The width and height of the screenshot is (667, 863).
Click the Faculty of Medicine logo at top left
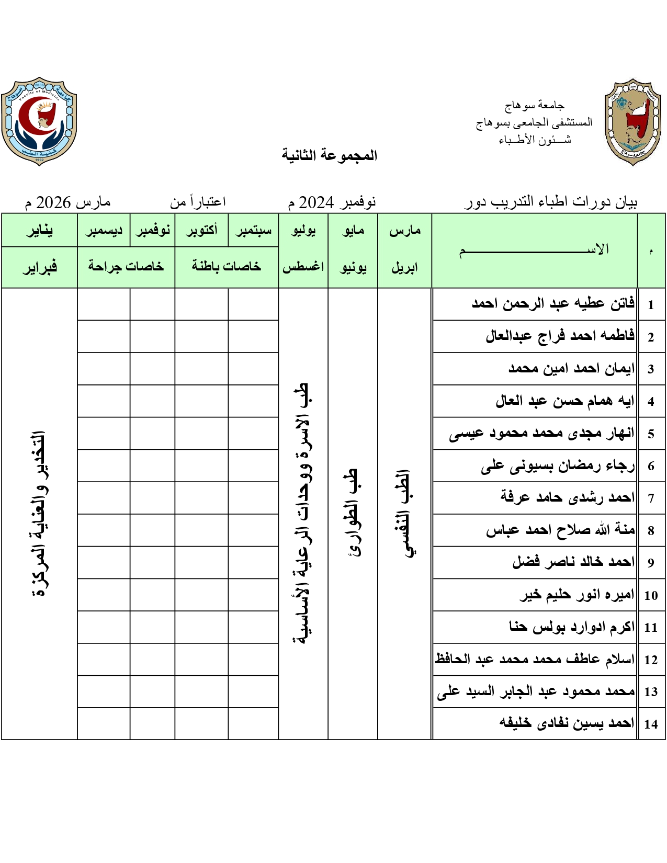[x=39, y=121]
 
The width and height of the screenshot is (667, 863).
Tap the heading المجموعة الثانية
[x=330, y=155]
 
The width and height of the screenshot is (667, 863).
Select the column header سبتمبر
[x=253, y=230]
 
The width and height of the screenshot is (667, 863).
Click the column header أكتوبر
[x=201, y=230]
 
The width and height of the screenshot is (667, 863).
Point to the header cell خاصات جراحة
[x=126, y=267]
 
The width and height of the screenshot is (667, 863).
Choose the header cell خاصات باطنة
[x=227, y=267]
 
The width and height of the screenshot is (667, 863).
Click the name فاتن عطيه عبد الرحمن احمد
[x=553, y=303]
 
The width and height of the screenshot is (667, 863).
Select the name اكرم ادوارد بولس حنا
[x=572, y=627]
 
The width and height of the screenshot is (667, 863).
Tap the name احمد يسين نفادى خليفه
[x=567, y=723]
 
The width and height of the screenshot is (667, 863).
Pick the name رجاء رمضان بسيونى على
[x=558, y=465]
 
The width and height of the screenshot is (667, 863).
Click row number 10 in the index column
[x=651, y=595]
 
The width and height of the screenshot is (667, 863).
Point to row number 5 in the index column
[x=651, y=434]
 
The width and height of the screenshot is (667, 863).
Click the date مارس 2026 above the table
[x=68, y=202]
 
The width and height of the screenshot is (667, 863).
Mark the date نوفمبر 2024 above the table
[x=332, y=202]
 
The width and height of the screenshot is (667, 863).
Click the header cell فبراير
[x=39, y=267]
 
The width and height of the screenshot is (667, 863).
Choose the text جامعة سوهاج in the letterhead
[x=534, y=106]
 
